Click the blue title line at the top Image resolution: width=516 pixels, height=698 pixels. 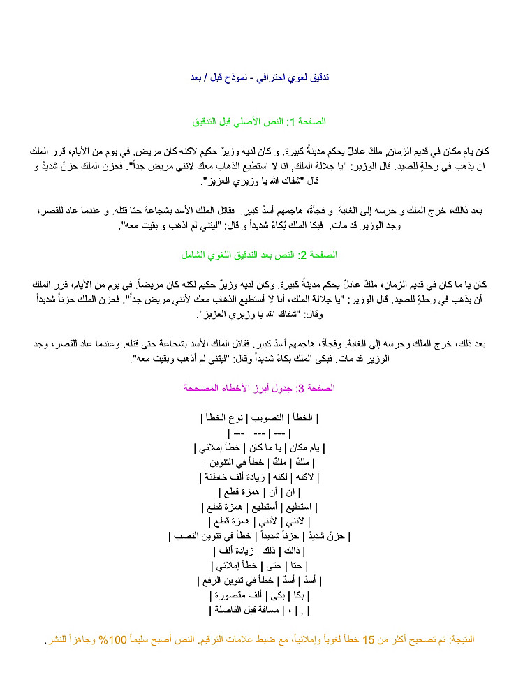[258, 77]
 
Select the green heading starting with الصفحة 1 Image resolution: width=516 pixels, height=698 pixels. [258, 121]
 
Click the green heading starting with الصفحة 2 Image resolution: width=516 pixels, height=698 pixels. [258, 255]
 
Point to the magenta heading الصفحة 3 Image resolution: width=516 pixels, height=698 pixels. [258, 387]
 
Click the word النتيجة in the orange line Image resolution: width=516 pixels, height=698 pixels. [458, 639]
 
